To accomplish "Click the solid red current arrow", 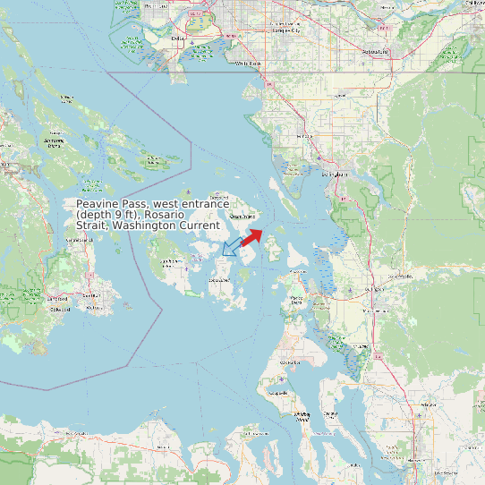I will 251,236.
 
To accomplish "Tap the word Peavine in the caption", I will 98,204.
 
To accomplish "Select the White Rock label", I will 250,64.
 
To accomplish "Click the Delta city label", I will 176,39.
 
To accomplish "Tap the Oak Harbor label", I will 290,362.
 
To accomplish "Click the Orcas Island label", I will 243,216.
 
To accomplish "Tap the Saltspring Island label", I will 54,142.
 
